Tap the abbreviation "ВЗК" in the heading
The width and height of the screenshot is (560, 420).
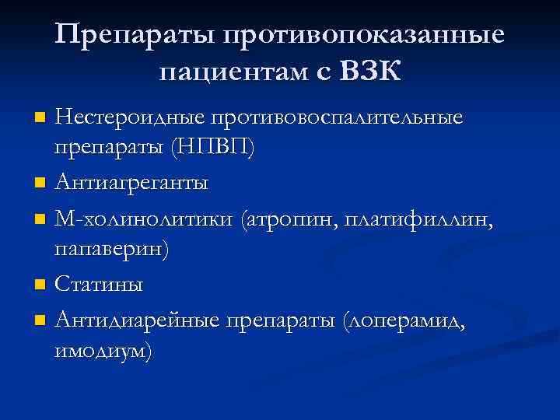(369, 72)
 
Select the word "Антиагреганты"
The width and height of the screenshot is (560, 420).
(131, 184)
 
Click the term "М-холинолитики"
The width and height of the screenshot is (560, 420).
(144, 219)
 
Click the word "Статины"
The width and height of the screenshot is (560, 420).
(99, 285)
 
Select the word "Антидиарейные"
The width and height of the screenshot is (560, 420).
(136, 320)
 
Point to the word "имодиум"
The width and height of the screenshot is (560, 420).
(104, 351)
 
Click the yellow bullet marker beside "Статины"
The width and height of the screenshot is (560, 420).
(40, 285)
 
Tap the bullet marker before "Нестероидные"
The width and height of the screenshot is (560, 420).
(40, 119)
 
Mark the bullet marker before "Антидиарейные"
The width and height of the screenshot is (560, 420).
(40, 320)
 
